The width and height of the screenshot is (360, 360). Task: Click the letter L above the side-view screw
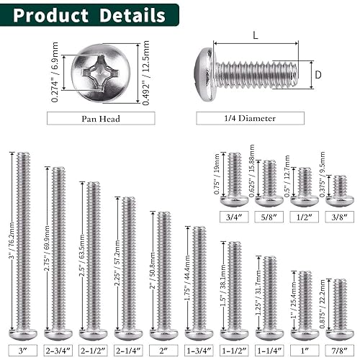[256, 35]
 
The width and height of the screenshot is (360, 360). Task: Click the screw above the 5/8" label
[269, 181]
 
